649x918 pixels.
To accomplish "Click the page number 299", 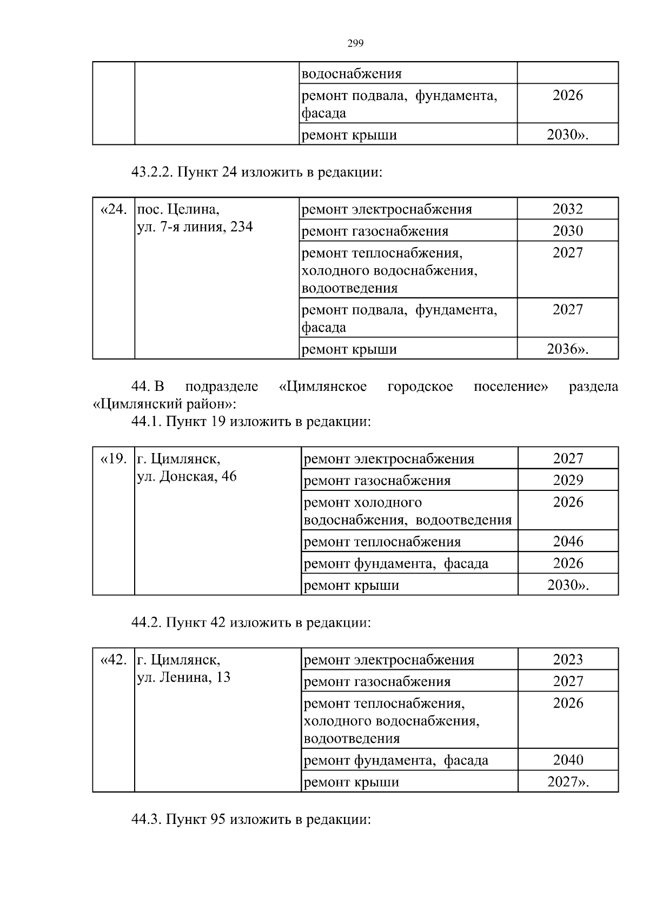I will [x=355, y=44].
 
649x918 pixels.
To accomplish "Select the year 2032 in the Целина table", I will [x=567, y=209].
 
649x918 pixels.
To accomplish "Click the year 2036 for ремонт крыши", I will [x=567, y=349].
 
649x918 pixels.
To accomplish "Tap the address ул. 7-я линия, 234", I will [x=195, y=227].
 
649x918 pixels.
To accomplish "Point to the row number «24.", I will [x=114, y=209].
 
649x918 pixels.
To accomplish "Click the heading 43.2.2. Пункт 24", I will [x=256, y=172].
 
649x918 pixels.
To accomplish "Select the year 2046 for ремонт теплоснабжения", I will [x=568, y=541].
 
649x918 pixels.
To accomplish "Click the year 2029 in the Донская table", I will [x=568, y=480].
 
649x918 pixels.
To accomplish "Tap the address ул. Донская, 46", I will [x=187, y=477].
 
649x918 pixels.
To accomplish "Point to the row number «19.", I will [x=114, y=459].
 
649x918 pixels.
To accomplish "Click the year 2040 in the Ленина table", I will [x=568, y=760].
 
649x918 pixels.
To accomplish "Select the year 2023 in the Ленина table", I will [x=568, y=660].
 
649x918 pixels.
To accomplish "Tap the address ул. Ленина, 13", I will [x=184, y=677].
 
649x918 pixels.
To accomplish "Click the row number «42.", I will [x=114, y=660].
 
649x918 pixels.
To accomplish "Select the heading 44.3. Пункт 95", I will [x=251, y=819].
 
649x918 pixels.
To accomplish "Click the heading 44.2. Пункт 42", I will [x=251, y=622].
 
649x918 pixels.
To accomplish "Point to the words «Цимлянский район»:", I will [x=164, y=404].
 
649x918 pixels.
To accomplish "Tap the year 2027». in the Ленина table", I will [x=568, y=782].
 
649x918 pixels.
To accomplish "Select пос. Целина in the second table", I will [x=178, y=209].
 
